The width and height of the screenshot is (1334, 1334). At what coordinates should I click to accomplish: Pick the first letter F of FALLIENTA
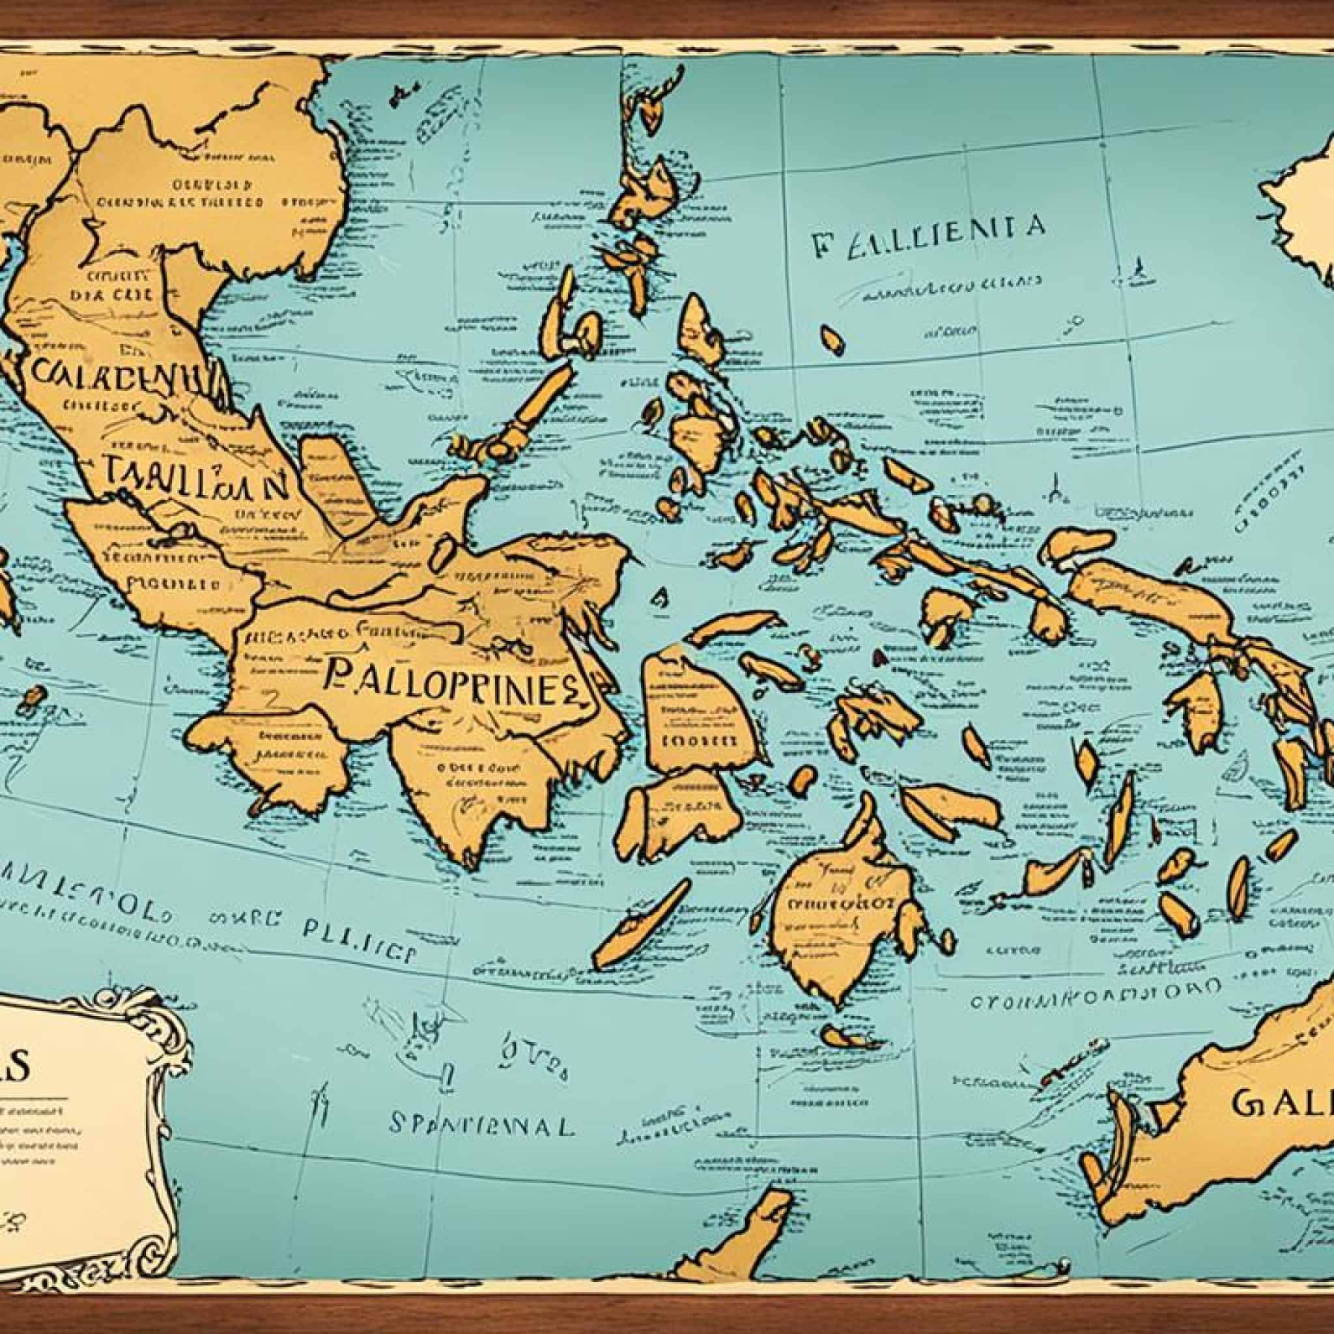pyautogui.click(x=821, y=247)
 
